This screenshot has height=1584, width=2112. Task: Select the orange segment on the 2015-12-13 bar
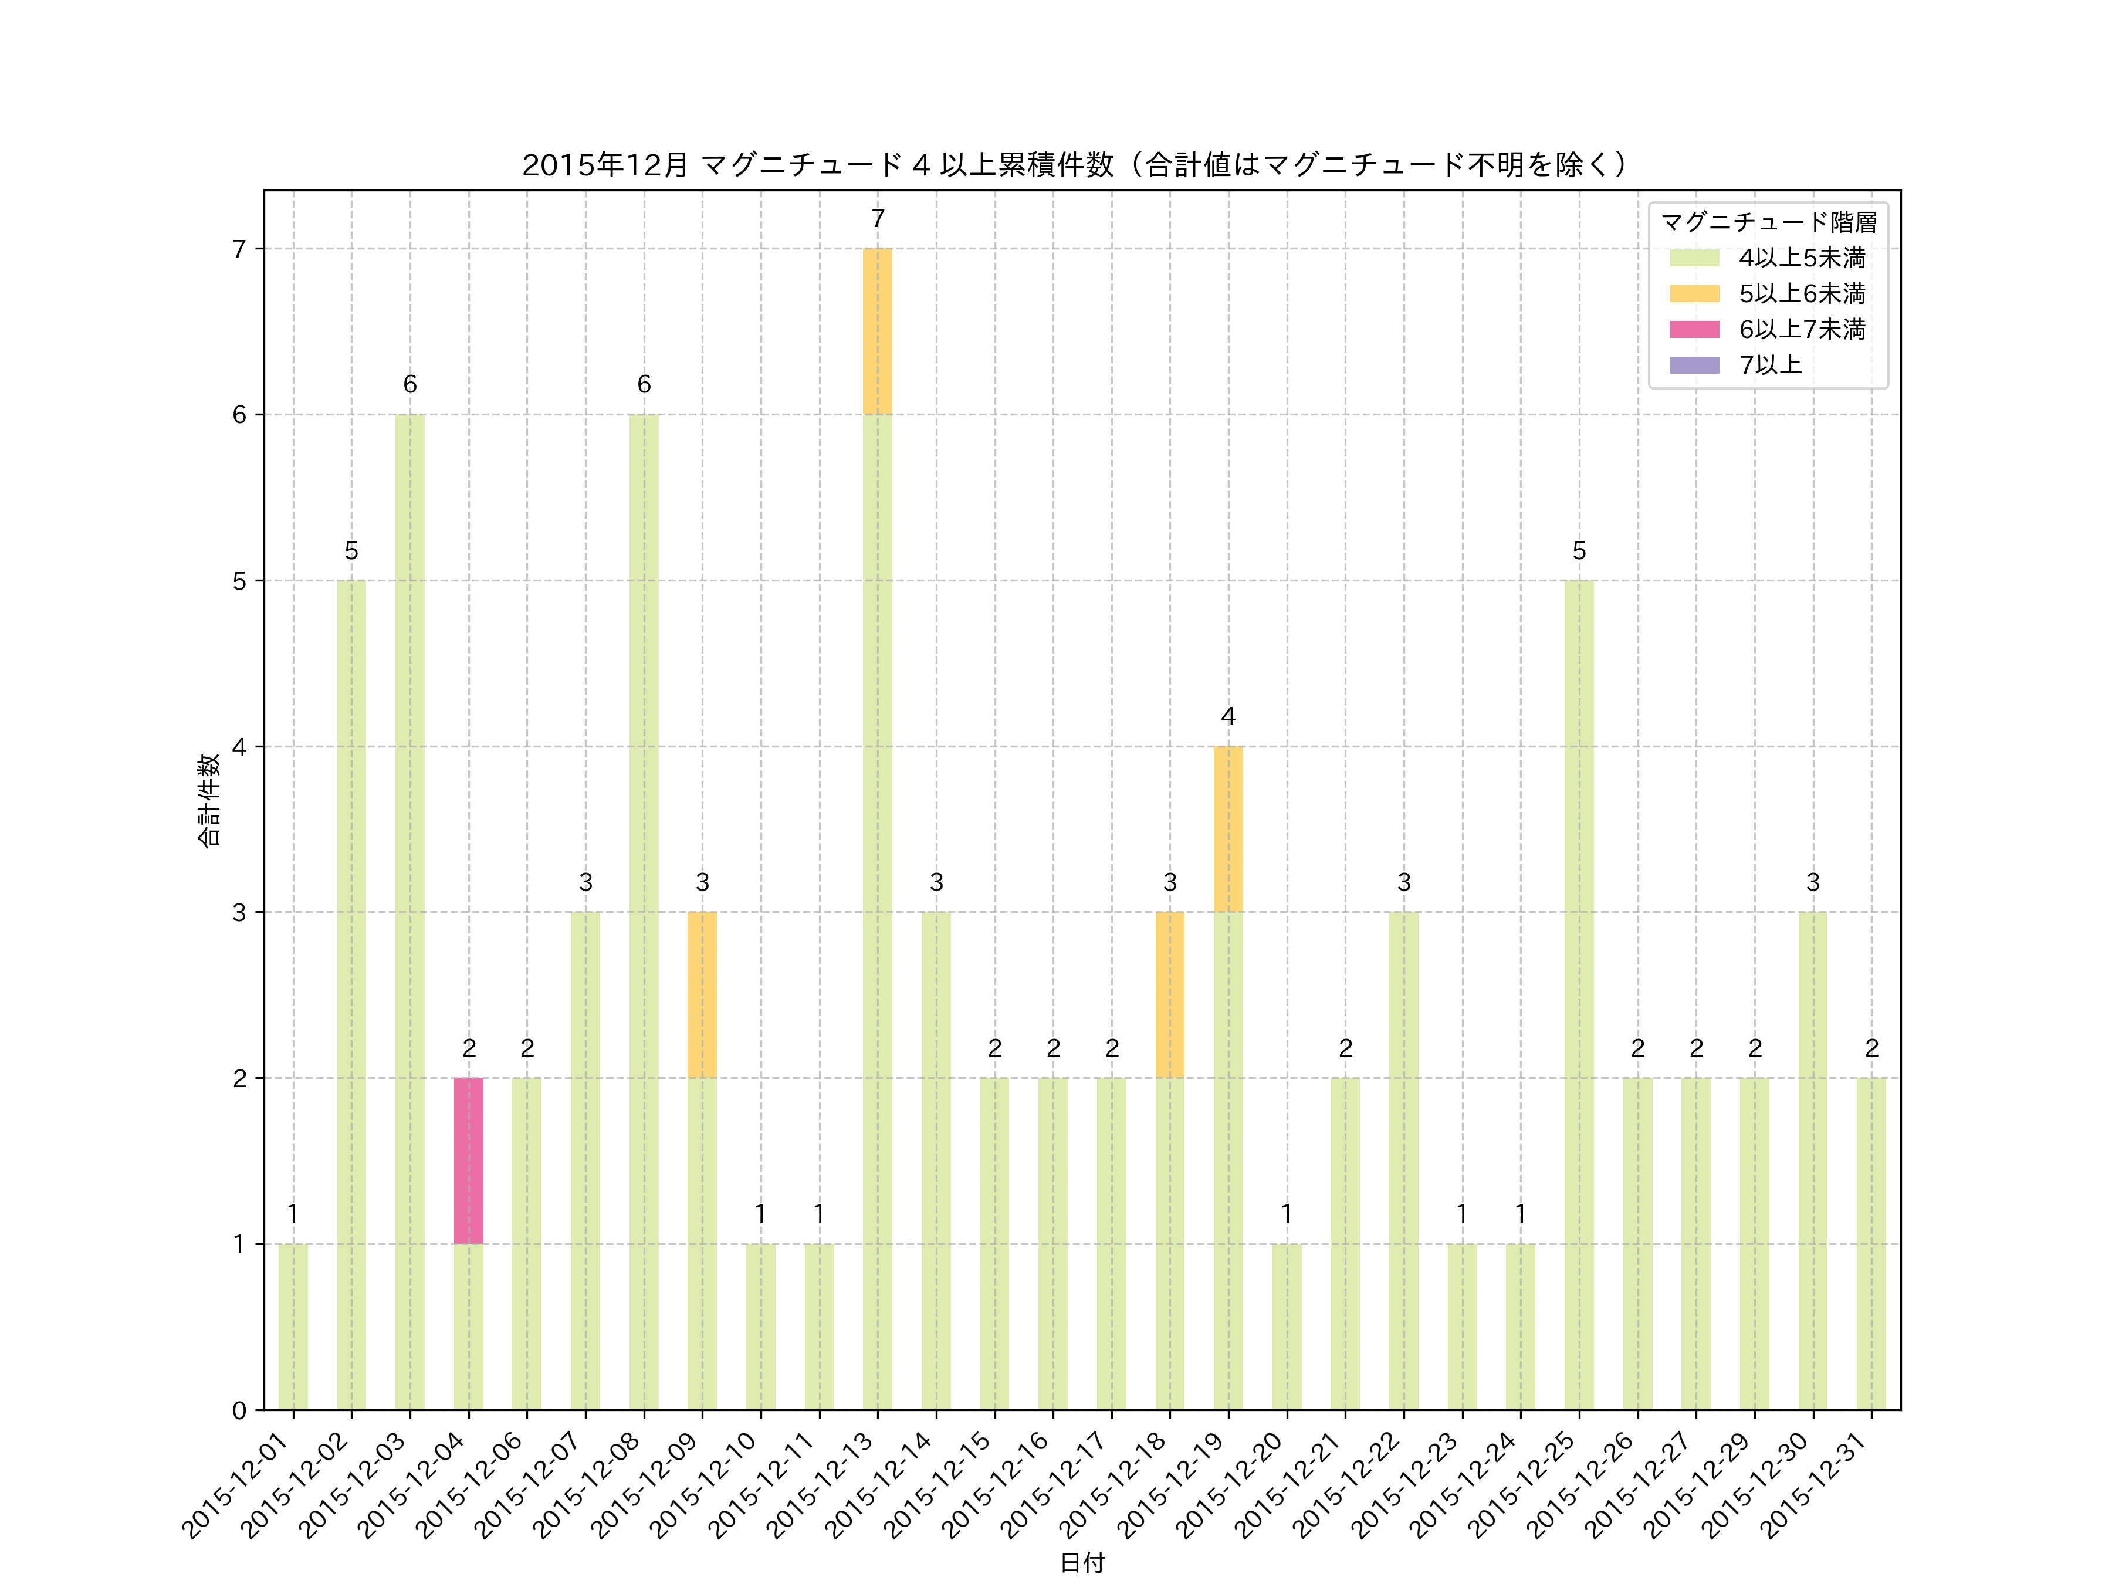878,331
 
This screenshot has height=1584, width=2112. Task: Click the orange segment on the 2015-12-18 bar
1170,995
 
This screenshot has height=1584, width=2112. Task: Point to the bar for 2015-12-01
293,1326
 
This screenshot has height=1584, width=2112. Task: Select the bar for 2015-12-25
1579,995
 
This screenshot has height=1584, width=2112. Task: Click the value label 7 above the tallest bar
878,219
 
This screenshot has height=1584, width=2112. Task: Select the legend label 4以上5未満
1802,258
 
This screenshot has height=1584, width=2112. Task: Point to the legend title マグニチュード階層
1768,222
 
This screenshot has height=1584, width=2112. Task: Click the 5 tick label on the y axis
239,581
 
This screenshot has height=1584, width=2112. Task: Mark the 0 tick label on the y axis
239,1410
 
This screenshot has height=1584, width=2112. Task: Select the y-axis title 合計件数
209,800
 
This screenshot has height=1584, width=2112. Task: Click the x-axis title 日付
1082,1563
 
